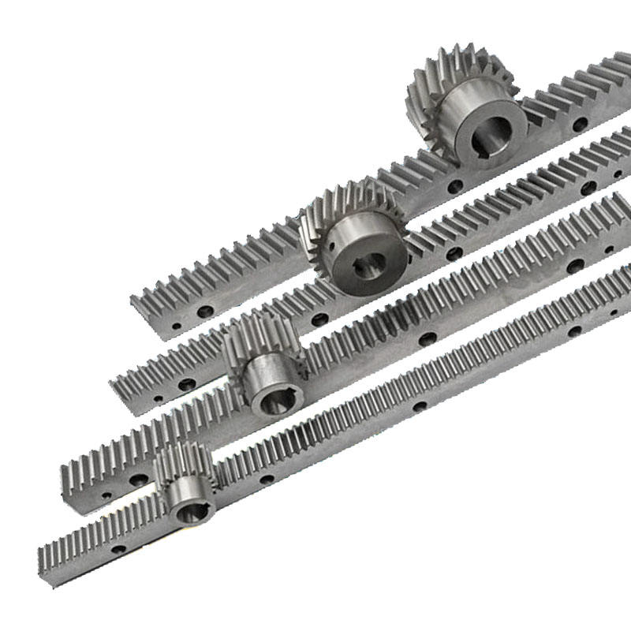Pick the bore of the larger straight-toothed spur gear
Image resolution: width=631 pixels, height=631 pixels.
pos(276,402)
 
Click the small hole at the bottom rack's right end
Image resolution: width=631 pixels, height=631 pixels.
pos(612,314)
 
